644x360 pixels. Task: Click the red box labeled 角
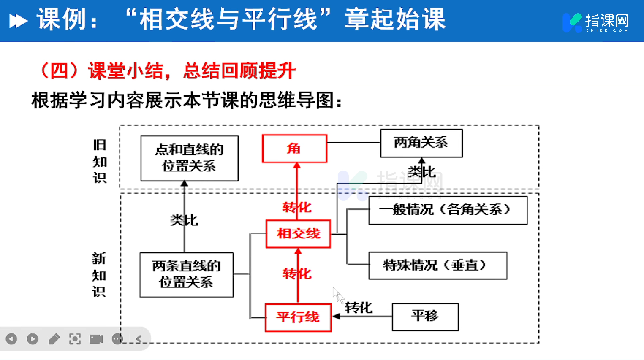294,149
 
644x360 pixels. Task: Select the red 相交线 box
298,234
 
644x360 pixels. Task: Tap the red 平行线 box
298,317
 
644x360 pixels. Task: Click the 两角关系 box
421,143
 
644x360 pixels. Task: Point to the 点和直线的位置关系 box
189,158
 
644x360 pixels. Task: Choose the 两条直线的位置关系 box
187,275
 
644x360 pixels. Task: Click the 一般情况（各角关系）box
448,210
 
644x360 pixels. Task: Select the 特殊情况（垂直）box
437,265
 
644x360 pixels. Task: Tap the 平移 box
425,317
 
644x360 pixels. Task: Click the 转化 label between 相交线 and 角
297,207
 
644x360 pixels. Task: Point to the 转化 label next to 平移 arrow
359,308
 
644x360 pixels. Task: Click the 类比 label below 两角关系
421,172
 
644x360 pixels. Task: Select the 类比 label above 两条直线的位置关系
184,220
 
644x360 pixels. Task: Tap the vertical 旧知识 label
100,162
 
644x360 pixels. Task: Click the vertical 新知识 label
99,275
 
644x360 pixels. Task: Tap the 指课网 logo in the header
595,22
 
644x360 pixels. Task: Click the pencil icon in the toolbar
54,339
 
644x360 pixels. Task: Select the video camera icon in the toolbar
96,339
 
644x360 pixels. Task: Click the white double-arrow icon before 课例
18,21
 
